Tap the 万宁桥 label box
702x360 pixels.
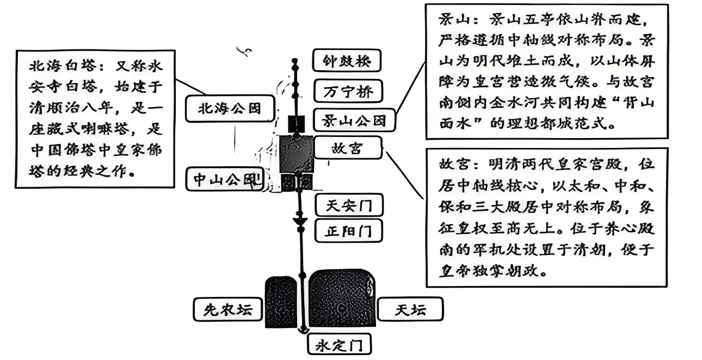346,91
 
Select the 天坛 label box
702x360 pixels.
410,310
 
